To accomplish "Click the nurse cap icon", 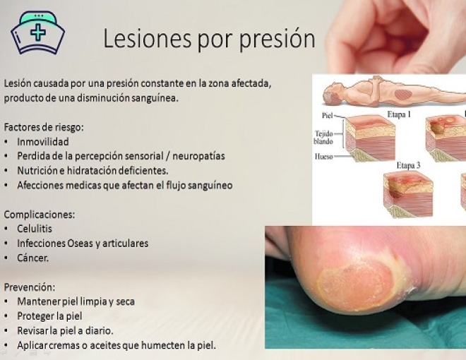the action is pyautogui.click(x=37, y=32).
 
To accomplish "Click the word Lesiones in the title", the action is pyautogui.click(x=147, y=39).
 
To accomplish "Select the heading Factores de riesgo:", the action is pyautogui.click(x=44, y=127).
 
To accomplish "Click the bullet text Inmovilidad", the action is pyautogui.click(x=43, y=142).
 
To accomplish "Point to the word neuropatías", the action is pyautogui.click(x=198, y=156).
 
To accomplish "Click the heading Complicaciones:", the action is pyautogui.click(x=40, y=215).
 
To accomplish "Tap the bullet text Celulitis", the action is pyautogui.click(x=35, y=229).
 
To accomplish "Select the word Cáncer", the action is pyautogui.click(x=32, y=258).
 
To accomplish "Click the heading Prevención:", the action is pyautogui.click(x=30, y=287).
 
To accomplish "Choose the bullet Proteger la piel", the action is pyautogui.click(x=49, y=316).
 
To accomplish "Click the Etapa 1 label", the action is pyautogui.click(x=399, y=114).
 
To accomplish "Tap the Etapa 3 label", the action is pyautogui.click(x=408, y=165).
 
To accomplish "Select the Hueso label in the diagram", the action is pyautogui.click(x=323, y=156).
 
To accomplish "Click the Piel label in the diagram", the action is pyautogui.click(x=327, y=115).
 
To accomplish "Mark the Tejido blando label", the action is pyautogui.click(x=323, y=137).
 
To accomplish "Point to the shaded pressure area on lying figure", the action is pyautogui.click(x=403, y=95).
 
